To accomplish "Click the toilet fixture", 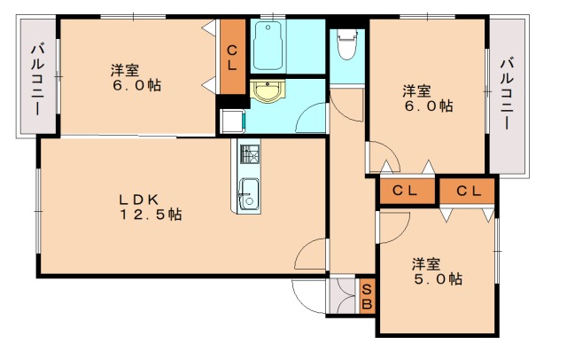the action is [346, 44].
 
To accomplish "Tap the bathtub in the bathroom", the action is [268, 45].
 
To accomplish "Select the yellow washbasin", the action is [268, 90].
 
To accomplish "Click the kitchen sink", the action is [249, 193].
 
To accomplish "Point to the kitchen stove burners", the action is [250, 154].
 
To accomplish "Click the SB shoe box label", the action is [367, 297].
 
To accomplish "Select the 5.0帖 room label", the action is [437, 271].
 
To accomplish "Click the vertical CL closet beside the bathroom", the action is [232, 57].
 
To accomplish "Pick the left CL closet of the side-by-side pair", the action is [408, 191].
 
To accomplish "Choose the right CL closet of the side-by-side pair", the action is [467, 191].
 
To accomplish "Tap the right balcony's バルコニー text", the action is [508, 93].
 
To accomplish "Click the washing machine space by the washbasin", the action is [232, 121].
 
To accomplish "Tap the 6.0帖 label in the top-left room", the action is [136, 77].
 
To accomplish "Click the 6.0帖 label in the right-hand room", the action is [428, 98].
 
